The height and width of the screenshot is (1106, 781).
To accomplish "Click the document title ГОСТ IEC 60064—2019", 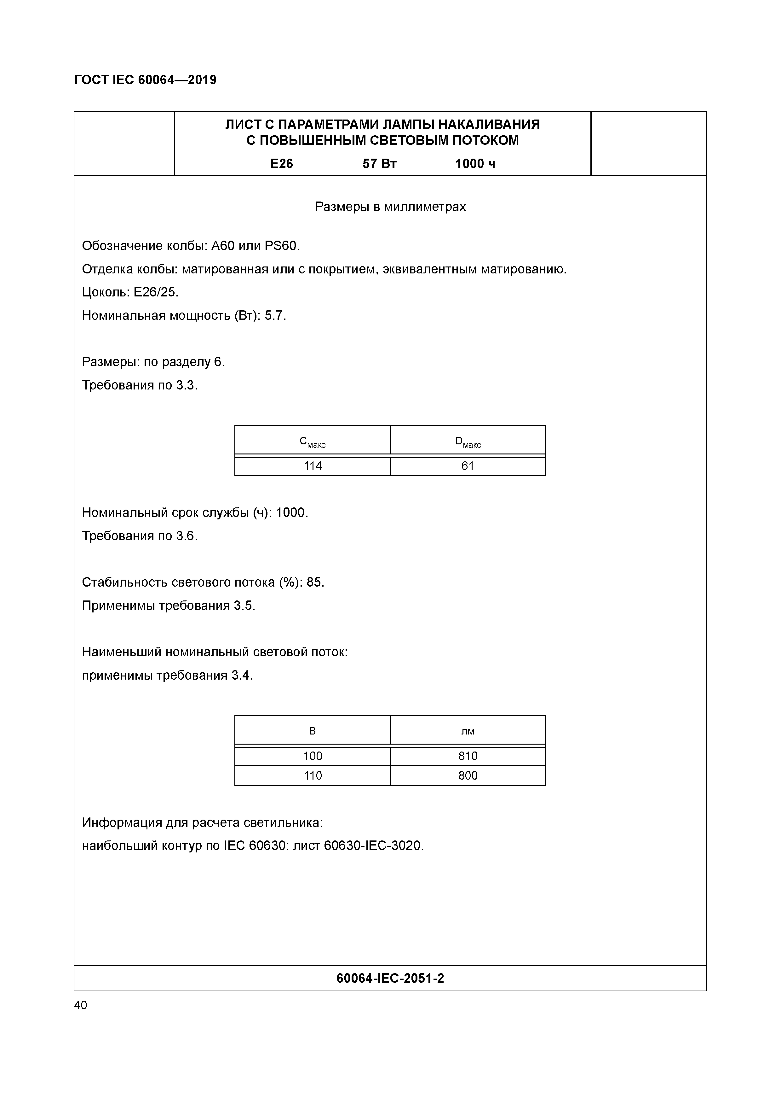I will [145, 79].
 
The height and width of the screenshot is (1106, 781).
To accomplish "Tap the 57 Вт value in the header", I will [379, 164].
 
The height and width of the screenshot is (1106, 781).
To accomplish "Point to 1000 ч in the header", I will [475, 164].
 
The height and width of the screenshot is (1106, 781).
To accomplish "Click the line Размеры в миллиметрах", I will [390, 207].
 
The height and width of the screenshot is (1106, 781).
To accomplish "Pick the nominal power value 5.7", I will [275, 315].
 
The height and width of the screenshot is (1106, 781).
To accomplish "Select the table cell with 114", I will [312, 466].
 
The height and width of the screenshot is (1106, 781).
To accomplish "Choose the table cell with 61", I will [468, 466].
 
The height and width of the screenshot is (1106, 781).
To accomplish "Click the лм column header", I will [468, 731].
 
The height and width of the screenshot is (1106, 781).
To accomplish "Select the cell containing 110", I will [312, 775].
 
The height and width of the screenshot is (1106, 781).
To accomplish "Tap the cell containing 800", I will [468, 775].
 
